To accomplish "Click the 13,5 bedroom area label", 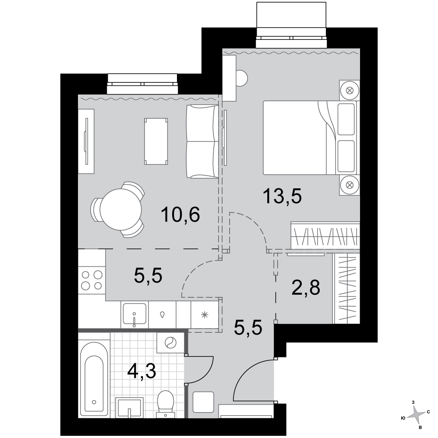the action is point(282,196).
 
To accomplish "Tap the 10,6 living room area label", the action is point(180,215).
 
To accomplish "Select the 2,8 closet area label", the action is point(306,288).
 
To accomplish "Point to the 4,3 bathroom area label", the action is point(141,371).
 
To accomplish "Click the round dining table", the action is point(121,209).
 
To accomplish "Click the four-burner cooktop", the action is point(92,280).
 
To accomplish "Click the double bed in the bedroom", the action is point(310,138).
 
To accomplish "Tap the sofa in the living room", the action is point(202,141).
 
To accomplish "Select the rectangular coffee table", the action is point(156,141).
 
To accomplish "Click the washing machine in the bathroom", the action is point(170,343).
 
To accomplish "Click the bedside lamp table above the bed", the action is point(350,90).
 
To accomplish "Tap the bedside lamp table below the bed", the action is point(350,185).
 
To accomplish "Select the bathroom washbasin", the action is point(129,407).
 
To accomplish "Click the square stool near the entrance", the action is point(203,402).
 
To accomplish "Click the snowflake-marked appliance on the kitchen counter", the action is point(205,315).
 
